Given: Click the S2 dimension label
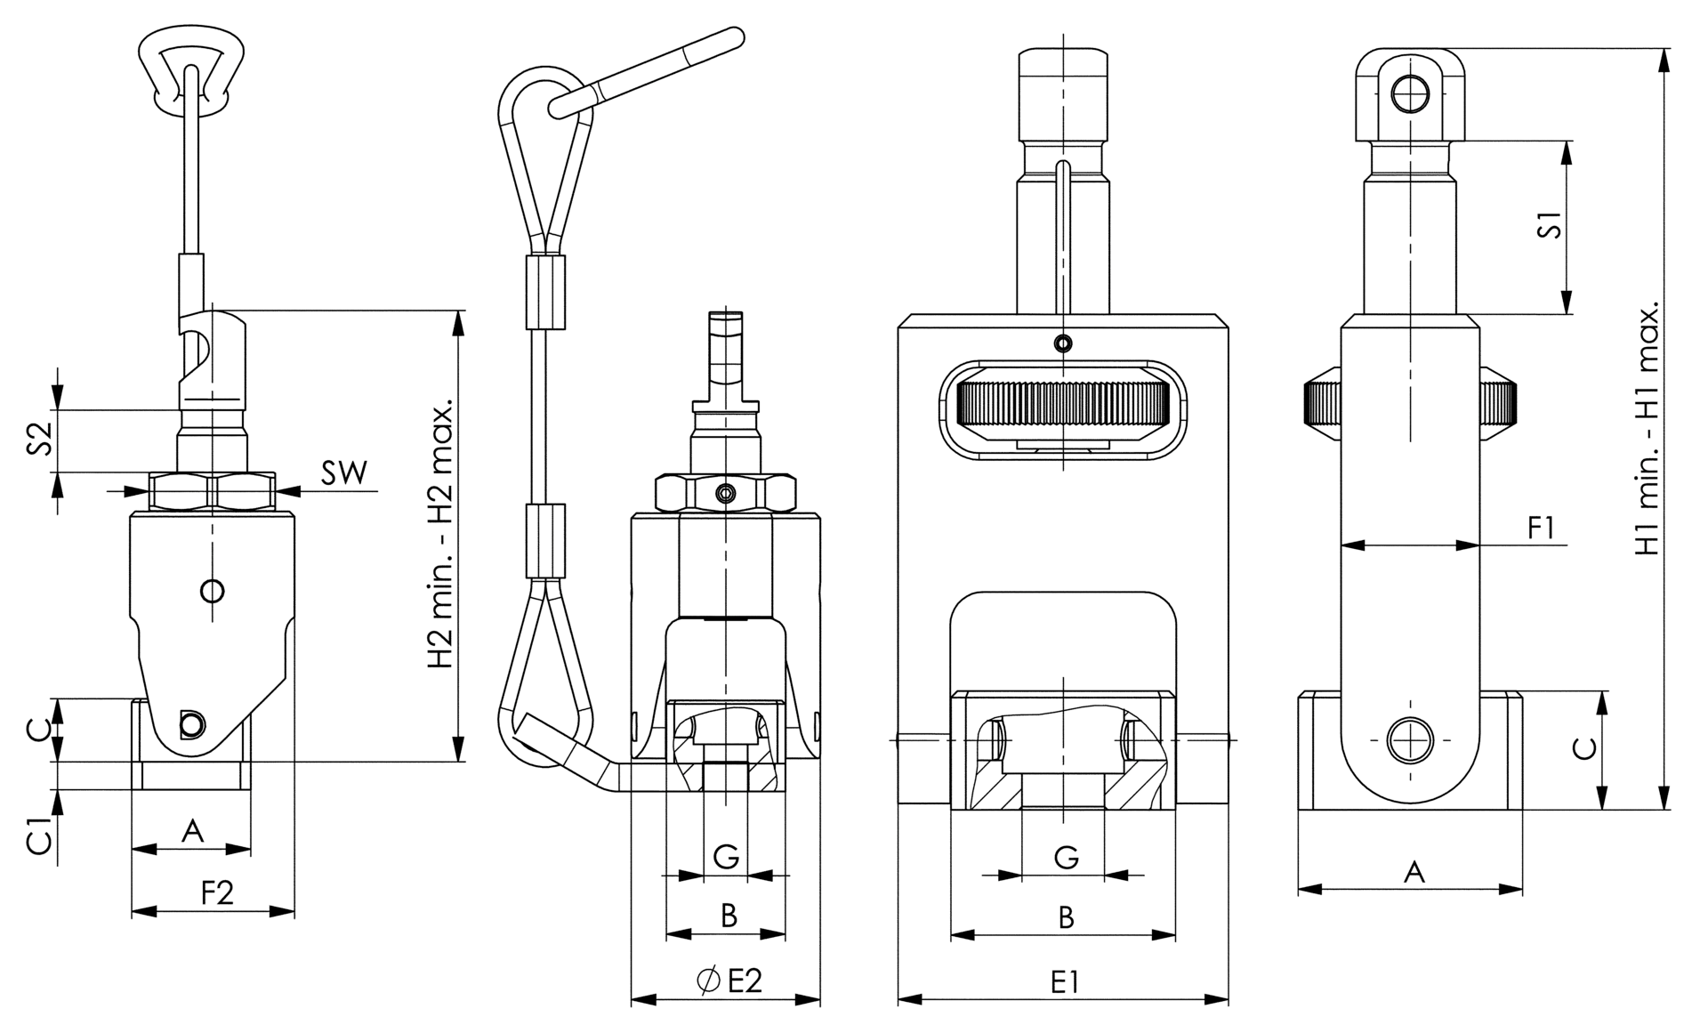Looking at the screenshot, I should [39, 440].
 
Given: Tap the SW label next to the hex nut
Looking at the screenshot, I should [343, 472].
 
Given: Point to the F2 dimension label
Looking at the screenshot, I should [217, 892].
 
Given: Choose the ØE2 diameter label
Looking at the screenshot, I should [729, 981].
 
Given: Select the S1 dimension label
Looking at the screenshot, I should [1551, 225].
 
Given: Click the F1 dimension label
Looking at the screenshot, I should [1541, 528].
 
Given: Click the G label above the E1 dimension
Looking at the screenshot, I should [1066, 858].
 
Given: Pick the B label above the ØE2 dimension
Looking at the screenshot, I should [729, 915].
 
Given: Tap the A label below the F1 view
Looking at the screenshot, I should [1414, 872].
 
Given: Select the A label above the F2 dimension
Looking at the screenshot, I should [192, 832].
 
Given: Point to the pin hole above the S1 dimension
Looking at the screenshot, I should [1409, 93].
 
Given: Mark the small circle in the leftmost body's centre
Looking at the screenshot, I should [212, 590].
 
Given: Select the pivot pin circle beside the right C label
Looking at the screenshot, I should [1411, 739].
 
